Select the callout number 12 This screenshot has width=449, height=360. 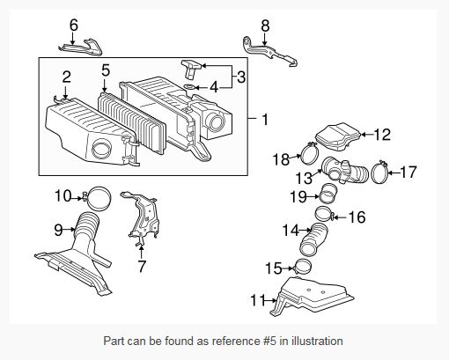381,135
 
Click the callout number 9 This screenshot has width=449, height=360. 59,230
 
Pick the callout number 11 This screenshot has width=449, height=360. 257,300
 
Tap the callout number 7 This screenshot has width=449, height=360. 143,265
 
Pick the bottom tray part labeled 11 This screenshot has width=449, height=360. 313,297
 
